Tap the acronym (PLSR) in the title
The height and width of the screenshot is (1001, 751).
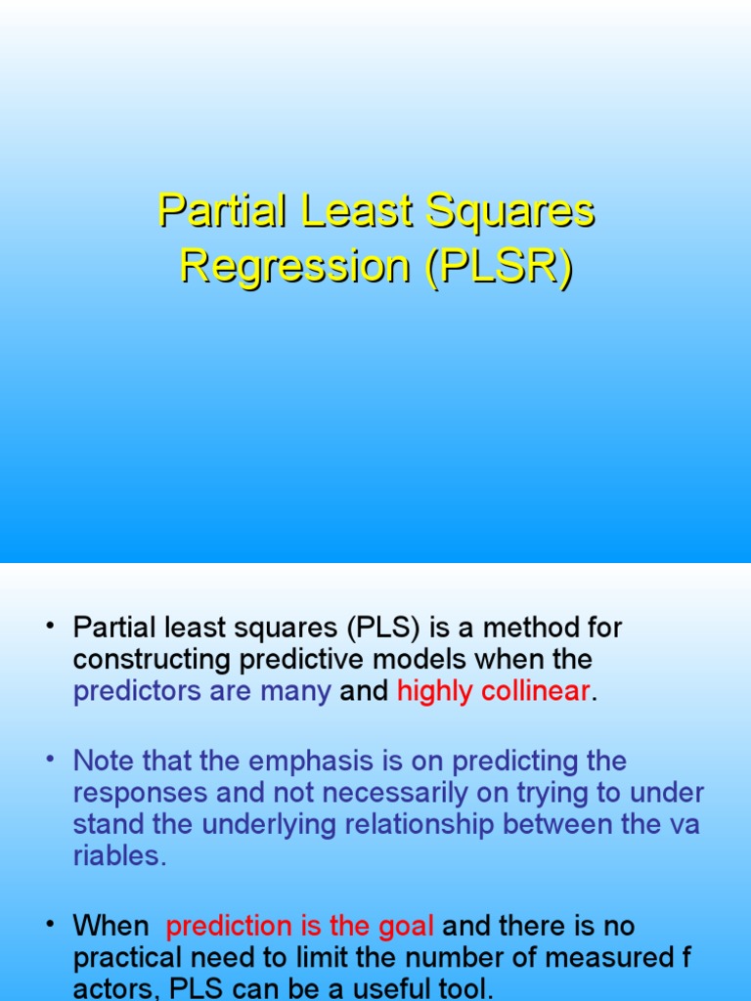[498, 267]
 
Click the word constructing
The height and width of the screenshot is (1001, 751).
[154, 659]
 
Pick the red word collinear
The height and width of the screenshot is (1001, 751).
[542, 691]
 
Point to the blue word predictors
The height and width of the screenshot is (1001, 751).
[130, 691]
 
